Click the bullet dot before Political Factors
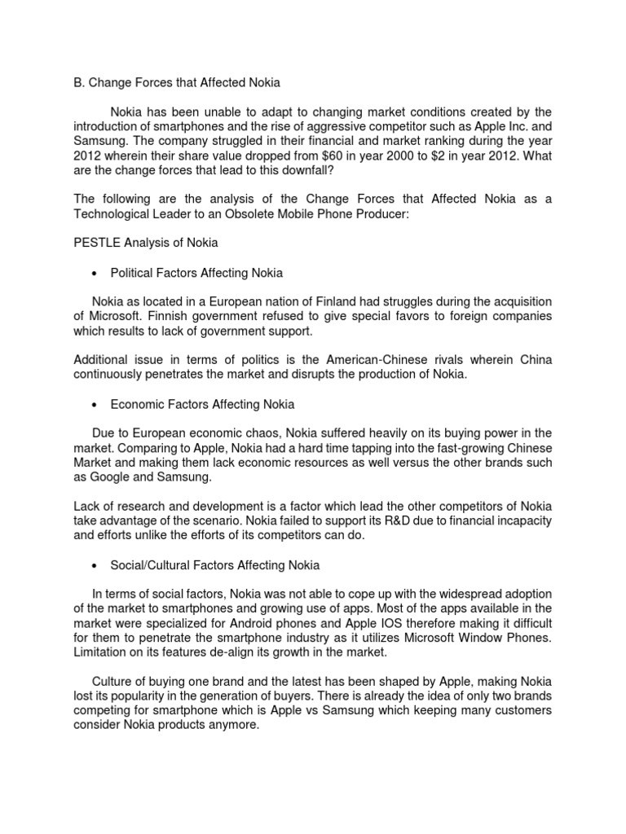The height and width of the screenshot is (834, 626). tap(96, 273)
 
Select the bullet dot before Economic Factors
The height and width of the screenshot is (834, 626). tap(96, 405)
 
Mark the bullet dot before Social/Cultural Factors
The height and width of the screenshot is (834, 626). tap(96, 565)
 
